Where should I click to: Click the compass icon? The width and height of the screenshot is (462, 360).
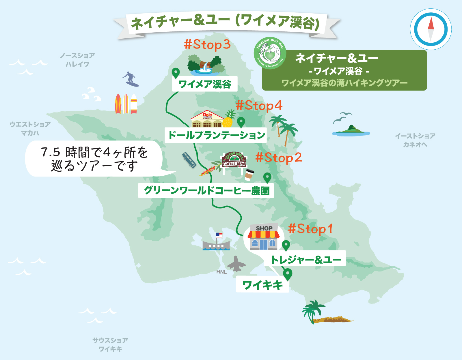[x=431, y=29]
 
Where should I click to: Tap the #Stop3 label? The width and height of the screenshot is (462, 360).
[x=207, y=44]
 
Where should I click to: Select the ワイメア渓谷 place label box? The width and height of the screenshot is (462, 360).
[x=205, y=84]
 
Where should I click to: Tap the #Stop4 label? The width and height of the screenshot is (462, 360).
[x=259, y=106]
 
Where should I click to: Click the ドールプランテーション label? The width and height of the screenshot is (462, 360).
[x=216, y=135]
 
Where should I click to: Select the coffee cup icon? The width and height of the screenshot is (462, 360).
[x=249, y=175]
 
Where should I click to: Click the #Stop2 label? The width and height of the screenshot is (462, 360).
[x=279, y=158]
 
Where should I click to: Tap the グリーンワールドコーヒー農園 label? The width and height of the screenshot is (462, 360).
[x=206, y=190]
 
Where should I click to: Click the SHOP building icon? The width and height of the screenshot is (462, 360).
[x=263, y=237]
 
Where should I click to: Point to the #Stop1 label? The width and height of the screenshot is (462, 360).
[x=310, y=229]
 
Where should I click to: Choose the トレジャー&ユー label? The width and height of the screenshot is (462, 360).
[x=305, y=259]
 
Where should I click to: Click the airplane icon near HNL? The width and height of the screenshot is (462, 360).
[x=236, y=264]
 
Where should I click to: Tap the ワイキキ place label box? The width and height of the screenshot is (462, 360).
[x=262, y=285]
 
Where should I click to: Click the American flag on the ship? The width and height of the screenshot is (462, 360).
[x=219, y=235]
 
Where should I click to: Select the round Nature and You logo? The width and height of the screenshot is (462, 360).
[x=270, y=53]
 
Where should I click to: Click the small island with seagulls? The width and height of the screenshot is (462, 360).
[x=351, y=130]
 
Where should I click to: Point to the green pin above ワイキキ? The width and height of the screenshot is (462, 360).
[x=287, y=273]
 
